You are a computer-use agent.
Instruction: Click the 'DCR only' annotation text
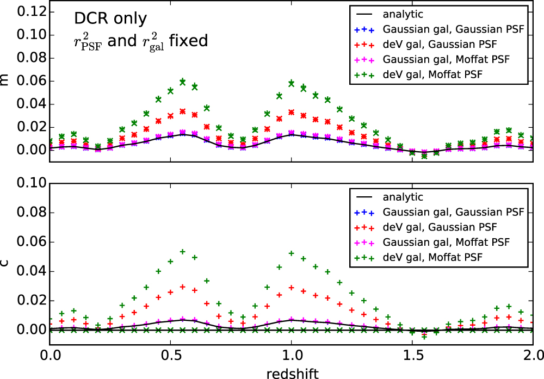click(110, 19)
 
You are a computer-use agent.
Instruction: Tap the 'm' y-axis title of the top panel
click(5, 80)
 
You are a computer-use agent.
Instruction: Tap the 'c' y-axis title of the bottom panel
click(5, 263)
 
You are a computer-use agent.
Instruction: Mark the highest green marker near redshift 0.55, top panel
click(183, 82)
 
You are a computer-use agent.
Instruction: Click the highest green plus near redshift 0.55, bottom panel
click(183, 252)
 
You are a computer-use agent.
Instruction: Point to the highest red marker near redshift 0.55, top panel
click(183, 111)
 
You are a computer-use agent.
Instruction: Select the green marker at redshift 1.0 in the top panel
click(292, 84)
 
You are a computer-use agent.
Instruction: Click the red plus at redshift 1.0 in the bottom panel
click(292, 287)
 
